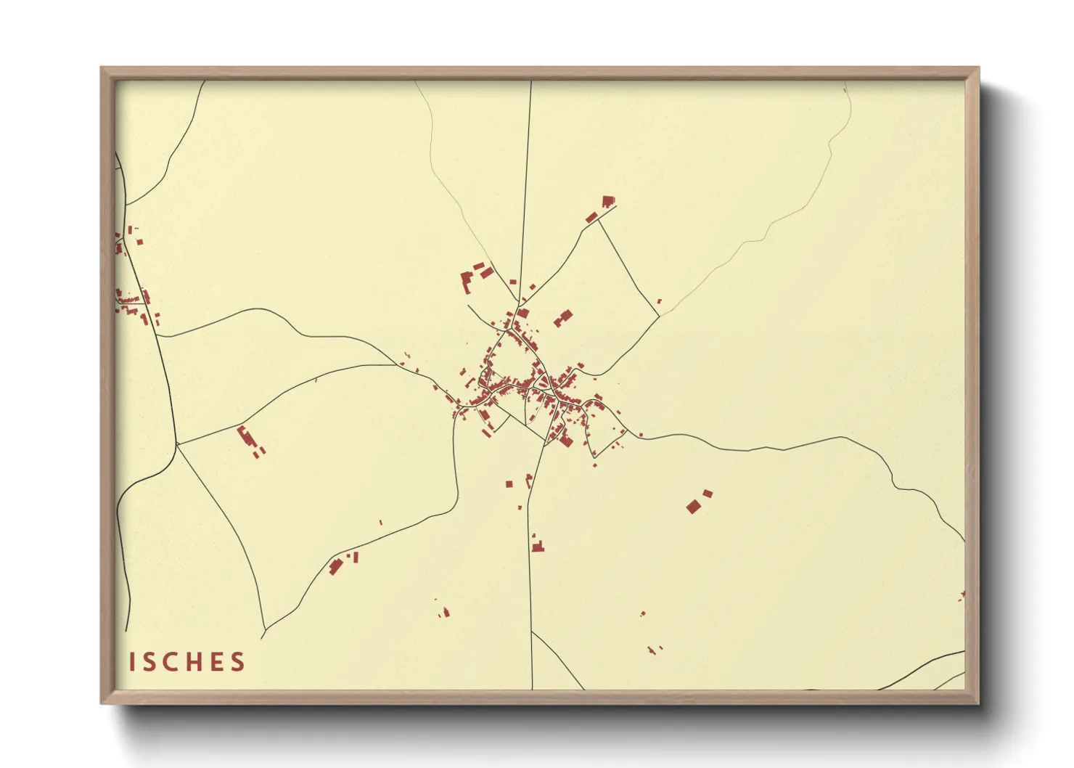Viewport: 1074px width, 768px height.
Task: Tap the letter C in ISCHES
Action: click(x=169, y=662)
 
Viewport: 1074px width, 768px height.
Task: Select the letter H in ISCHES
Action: click(x=192, y=662)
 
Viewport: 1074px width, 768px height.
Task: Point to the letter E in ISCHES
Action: click(x=215, y=662)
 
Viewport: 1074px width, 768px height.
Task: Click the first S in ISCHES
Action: click(x=149, y=662)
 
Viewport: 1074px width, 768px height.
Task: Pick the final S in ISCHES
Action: click(x=237, y=662)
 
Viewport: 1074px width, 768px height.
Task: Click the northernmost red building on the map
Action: click(x=608, y=201)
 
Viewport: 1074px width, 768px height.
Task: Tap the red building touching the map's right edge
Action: click(x=962, y=596)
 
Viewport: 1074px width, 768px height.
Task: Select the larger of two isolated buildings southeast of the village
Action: click(x=693, y=507)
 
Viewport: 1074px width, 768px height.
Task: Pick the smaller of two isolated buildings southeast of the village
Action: click(x=708, y=494)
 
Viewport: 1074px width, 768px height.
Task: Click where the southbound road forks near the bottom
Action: click(x=532, y=632)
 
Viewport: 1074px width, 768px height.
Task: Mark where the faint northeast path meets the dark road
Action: click(x=659, y=316)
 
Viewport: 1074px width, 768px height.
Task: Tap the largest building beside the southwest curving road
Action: click(x=335, y=565)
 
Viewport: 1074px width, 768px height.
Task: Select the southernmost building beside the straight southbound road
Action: click(x=538, y=546)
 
